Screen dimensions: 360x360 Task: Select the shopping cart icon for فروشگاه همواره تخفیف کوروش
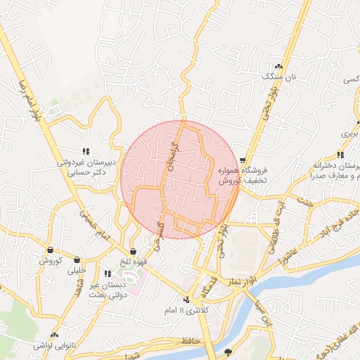[243, 161]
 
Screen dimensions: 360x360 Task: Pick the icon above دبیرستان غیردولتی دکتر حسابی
[86, 151]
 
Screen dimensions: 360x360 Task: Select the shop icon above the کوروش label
[51, 250]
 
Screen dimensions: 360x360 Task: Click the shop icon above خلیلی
[77, 259]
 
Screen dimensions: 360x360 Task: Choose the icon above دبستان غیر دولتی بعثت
[107, 274]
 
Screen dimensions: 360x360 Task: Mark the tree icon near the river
[227, 352]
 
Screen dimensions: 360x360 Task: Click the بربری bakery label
[350, 132]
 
